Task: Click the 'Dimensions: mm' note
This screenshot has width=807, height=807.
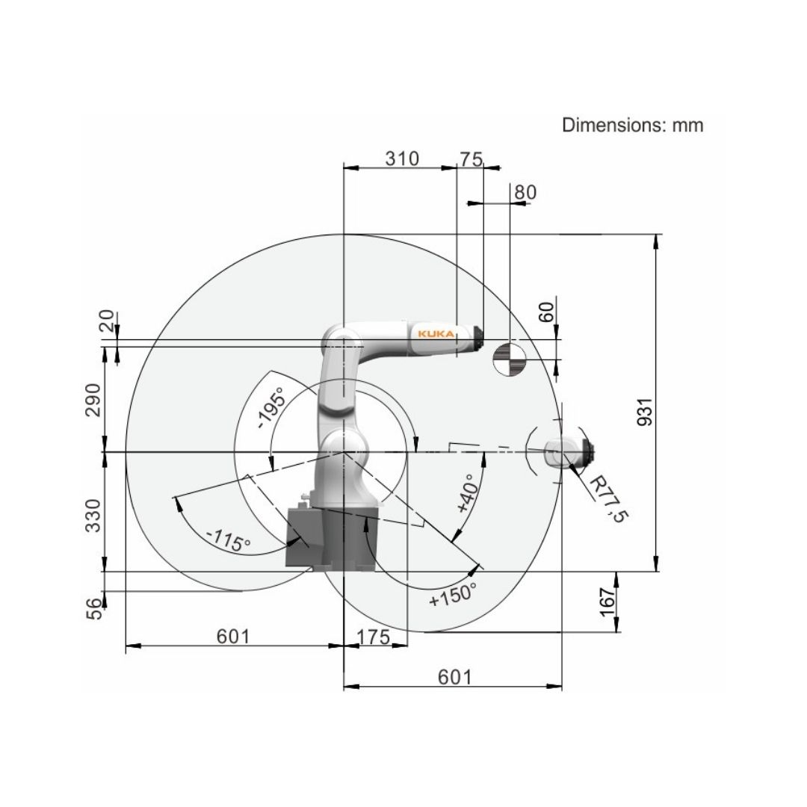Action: tap(632, 125)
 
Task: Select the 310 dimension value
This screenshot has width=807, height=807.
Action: tap(402, 158)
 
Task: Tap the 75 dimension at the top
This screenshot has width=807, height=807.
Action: tap(471, 159)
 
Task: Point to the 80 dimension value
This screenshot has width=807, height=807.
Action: tap(525, 193)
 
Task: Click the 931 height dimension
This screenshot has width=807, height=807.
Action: tap(644, 411)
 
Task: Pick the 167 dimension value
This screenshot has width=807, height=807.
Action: tap(607, 602)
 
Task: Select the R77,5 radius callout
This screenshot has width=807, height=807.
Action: tap(608, 498)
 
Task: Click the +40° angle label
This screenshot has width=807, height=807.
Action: tap(469, 494)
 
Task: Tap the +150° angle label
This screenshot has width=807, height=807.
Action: tap(452, 595)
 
